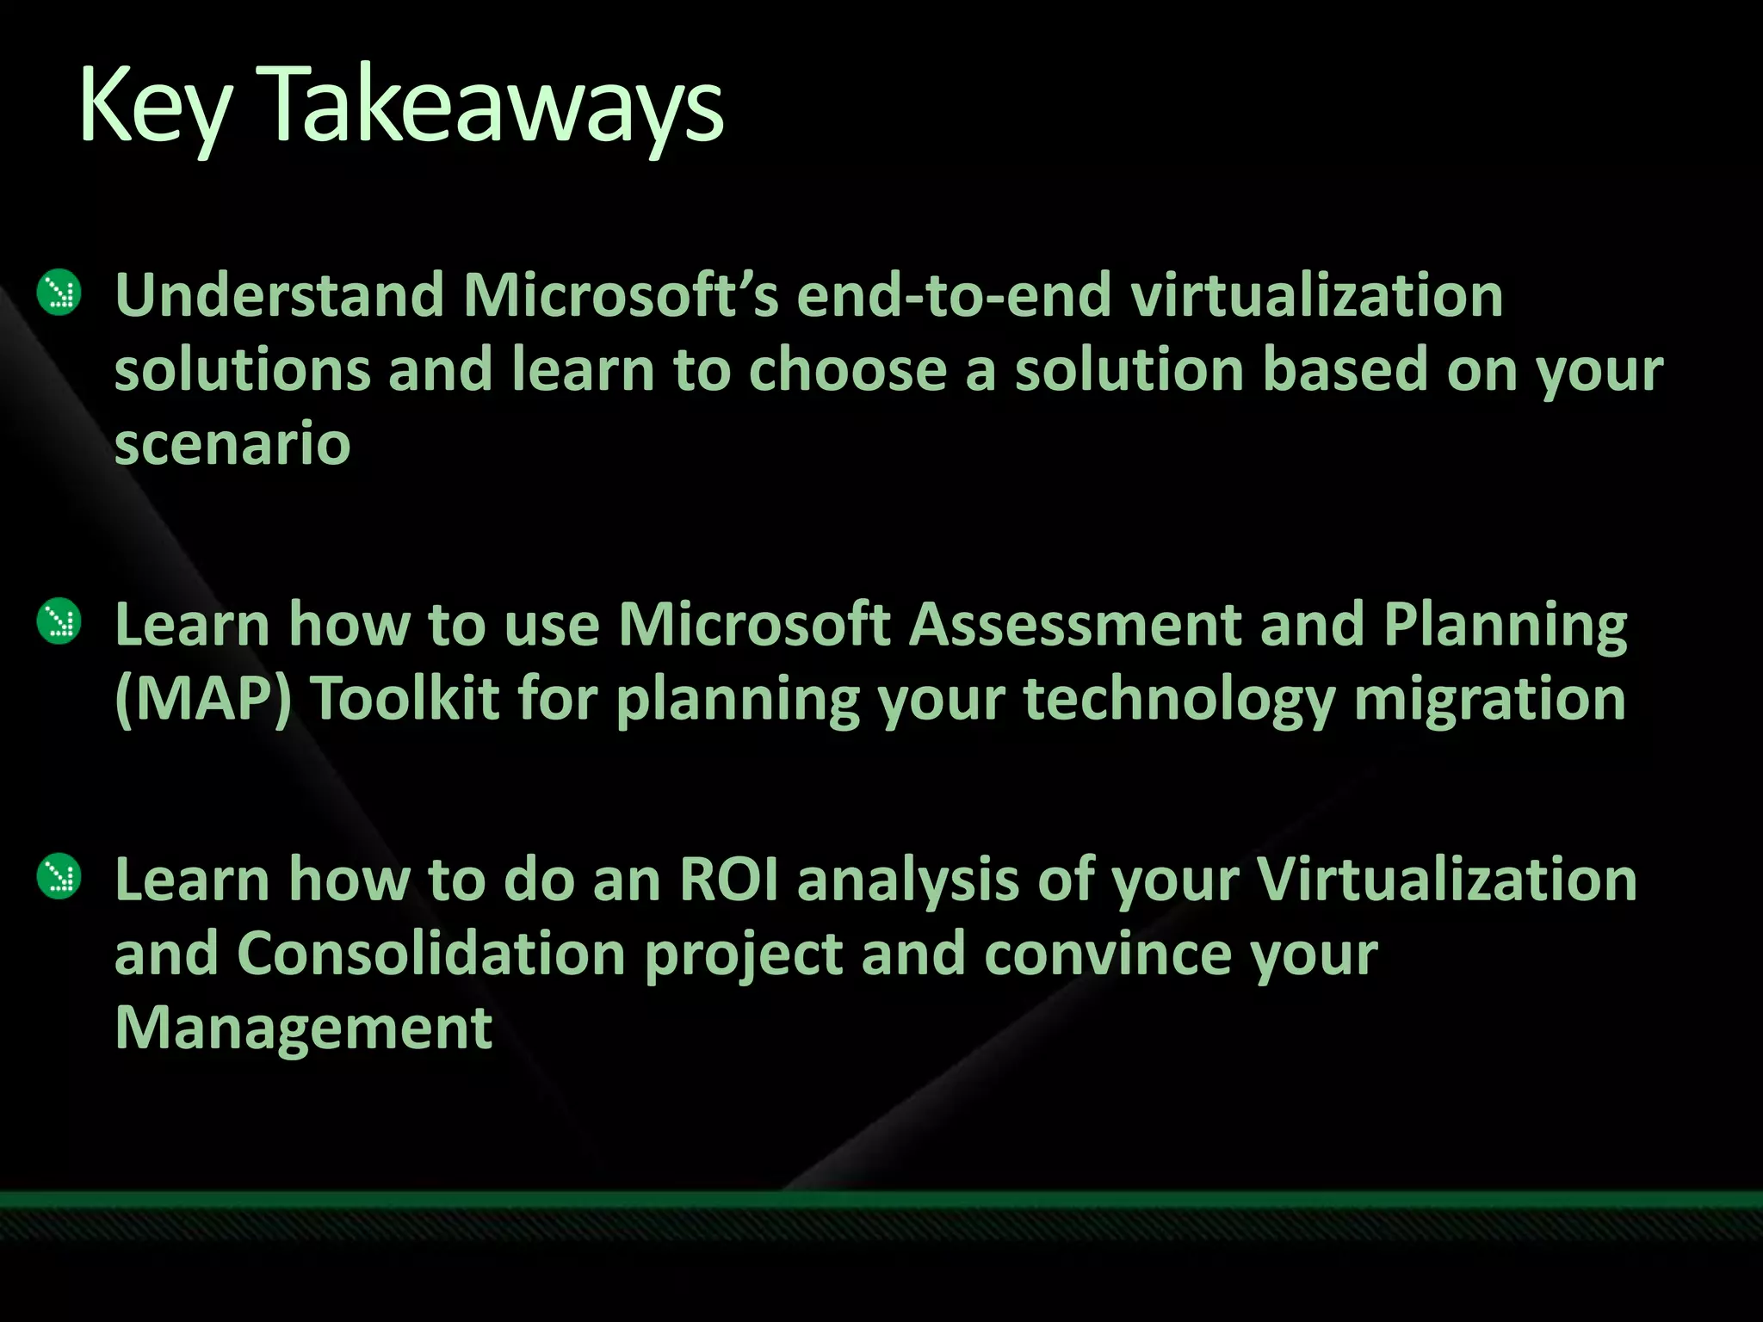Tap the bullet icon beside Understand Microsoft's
[x=59, y=293]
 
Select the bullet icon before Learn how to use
[x=59, y=621]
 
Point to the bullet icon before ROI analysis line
[x=59, y=877]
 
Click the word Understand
[x=279, y=295]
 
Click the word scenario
[x=232, y=445]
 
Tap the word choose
[x=848, y=370]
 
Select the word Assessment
[x=1075, y=624]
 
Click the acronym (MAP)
[x=203, y=698]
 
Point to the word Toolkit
[x=405, y=698]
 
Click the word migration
[x=1490, y=698]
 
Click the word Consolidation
[x=430, y=954]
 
